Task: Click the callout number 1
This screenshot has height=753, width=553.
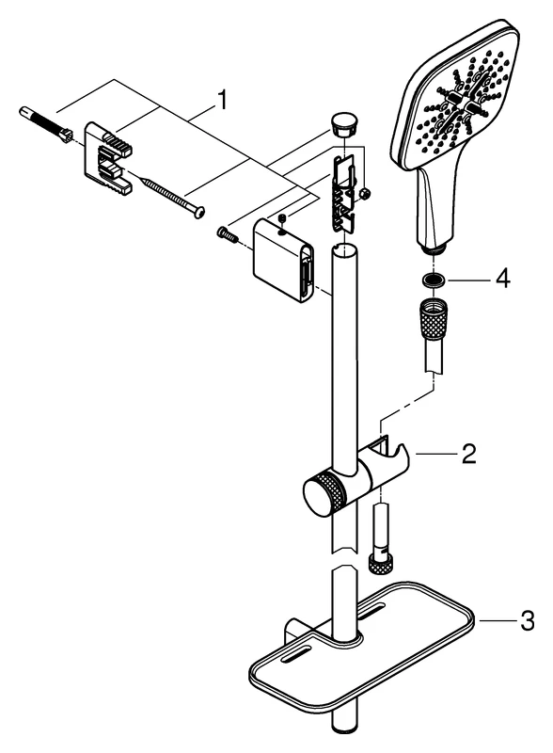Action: click(x=221, y=100)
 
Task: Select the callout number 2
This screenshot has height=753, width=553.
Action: click(x=468, y=454)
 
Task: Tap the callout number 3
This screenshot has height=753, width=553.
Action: click(x=527, y=620)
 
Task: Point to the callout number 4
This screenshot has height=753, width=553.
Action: click(x=502, y=278)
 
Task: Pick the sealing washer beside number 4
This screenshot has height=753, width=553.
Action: click(x=434, y=280)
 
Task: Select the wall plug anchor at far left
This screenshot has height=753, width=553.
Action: click(x=45, y=124)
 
